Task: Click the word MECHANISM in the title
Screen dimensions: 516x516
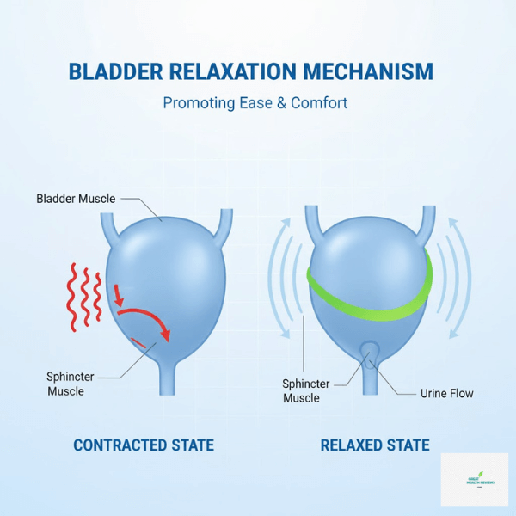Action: pyautogui.click(x=373, y=71)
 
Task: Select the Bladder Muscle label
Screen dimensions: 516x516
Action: pyautogui.click(x=77, y=199)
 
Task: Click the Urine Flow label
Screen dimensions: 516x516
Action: pyautogui.click(x=446, y=393)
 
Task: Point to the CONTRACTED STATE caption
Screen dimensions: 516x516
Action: pyautogui.click(x=144, y=445)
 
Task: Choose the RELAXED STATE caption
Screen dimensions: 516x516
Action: pyautogui.click(x=375, y=445)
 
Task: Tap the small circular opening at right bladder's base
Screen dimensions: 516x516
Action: pyautogui.click(x=370, y=350)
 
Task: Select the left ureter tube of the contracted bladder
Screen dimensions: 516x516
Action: pyautogui.click(x=107, y=226)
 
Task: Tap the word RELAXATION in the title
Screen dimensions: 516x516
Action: pyautogui.click(x=239, y=71)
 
